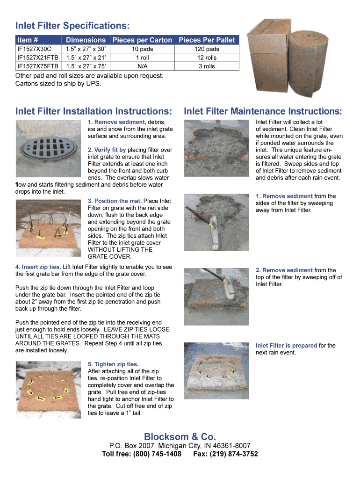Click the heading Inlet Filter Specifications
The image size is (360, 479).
click(x=72, y=25)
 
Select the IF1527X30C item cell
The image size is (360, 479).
click(x=34, y=49)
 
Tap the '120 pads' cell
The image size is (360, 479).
click(x=206, y=49)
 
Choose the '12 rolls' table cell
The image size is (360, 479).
click(x=206, y=58)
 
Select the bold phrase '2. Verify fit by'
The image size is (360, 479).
click(x=107, y=150)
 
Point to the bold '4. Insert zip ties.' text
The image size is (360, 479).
click(x=38, y=267)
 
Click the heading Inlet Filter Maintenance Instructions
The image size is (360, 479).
click(x=263, y=111)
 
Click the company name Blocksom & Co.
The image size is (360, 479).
click(x=180, y=437)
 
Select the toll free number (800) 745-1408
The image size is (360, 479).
click(x=157, y=454)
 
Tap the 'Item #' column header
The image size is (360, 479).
click(x=27, y=40)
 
